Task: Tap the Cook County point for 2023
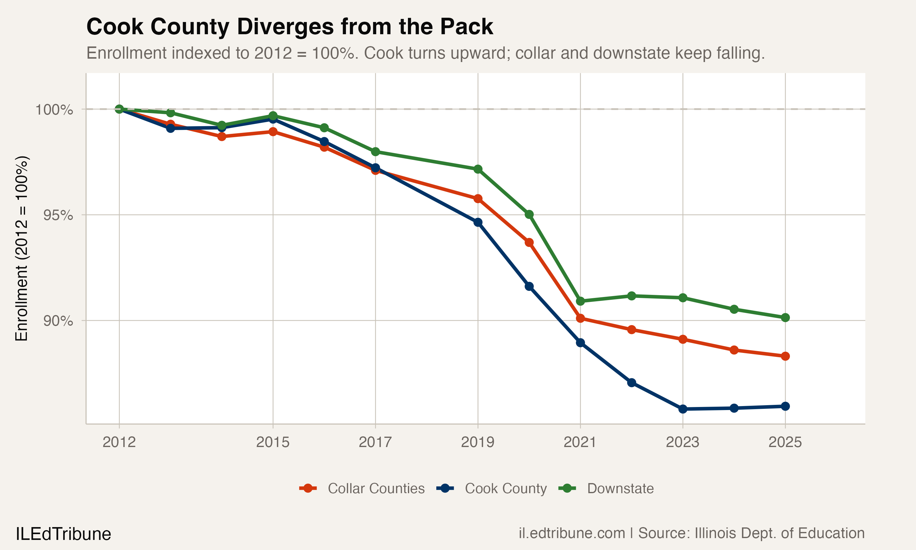[683, 409]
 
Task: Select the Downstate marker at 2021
[580, 301]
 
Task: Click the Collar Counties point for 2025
[785, 356]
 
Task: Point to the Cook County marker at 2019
[478, 222]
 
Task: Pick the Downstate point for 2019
[478, 169]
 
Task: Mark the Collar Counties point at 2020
[529, 242]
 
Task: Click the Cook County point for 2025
[785, 406]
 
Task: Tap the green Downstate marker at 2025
[785, 317]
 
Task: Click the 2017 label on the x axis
[375, 442]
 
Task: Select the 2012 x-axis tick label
[119, 442]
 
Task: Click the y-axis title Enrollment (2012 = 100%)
[21, 248]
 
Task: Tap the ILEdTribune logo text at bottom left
[63, 534]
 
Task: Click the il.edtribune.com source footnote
[691, 533]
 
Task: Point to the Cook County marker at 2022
[632, 383]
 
